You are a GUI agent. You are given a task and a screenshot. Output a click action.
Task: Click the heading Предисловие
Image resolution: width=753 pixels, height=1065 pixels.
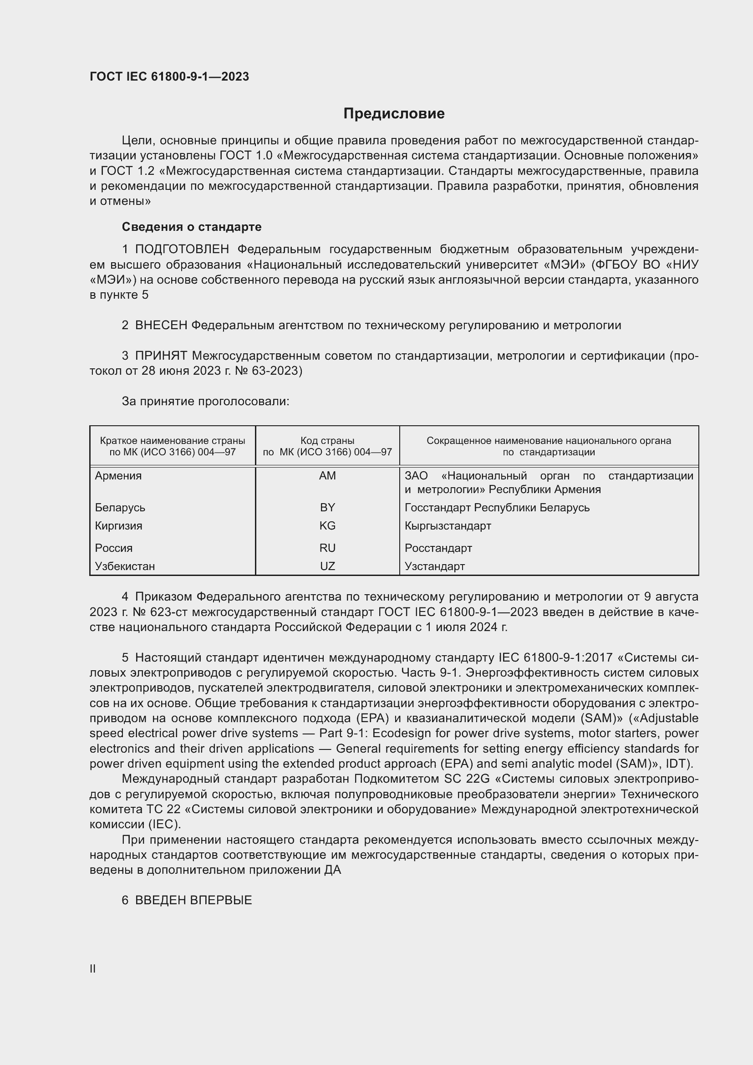coord(394,114)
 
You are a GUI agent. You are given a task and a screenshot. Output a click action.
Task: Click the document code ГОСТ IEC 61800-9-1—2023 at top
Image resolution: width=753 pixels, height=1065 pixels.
coord(169,76)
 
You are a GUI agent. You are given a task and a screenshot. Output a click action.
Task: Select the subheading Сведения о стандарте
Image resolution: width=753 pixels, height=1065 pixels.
coord(192,227)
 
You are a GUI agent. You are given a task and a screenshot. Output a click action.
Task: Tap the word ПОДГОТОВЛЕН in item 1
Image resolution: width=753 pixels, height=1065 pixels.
coord(182,250)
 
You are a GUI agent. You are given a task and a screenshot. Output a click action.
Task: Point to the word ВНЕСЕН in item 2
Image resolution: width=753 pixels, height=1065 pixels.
coord(161,326)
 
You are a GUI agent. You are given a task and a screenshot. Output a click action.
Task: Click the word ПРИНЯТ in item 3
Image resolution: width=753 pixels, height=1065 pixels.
coord(161,356)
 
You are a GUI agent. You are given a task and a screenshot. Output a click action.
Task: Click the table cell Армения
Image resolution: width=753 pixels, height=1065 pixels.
coord(118,476)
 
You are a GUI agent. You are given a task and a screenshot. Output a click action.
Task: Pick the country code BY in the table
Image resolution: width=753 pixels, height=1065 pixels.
coord(327,507)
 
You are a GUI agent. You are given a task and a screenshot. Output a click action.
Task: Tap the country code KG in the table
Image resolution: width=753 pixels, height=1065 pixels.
coord(327,526)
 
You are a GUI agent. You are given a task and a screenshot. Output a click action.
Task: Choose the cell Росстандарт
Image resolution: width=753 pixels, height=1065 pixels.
coord(438,548)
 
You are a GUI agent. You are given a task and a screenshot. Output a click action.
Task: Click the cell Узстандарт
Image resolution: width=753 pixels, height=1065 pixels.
coord(434,566)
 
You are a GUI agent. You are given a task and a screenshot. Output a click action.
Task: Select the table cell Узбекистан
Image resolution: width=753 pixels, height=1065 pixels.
coord(125,566)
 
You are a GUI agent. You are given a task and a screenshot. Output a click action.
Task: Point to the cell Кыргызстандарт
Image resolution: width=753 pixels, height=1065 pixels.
coord(448,526)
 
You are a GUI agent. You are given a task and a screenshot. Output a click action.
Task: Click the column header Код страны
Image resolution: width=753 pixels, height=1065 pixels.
coord(327,441)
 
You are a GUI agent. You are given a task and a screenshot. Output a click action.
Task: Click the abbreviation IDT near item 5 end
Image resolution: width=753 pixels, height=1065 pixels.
coord(678,764)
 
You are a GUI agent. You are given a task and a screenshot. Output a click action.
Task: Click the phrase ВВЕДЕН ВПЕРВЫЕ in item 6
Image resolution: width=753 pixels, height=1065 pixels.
coord(193,900)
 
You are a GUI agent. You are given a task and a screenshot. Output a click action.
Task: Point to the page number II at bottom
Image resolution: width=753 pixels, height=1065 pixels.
coord(93,968)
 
